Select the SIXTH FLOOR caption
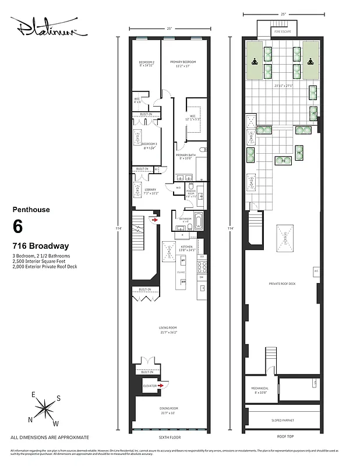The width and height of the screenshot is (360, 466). pyautogui.click(x=170, y=437)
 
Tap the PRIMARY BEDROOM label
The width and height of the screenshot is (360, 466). pyautogui.click(x=182, y=62)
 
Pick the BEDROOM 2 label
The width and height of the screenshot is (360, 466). pyautogui.click(x=146, y=62)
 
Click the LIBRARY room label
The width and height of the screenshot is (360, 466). pyautogui.click(x=143, y=190)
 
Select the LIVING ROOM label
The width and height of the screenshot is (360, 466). pyautogui.click(x=168, y=328)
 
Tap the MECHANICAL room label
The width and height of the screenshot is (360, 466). pyautogui.click(x=260, y=388)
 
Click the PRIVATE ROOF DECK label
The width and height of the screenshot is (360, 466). pyautogui.click(x=282, y=283)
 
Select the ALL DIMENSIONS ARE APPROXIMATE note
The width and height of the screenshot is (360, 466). pyautogui.click(x=50, y=437)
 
